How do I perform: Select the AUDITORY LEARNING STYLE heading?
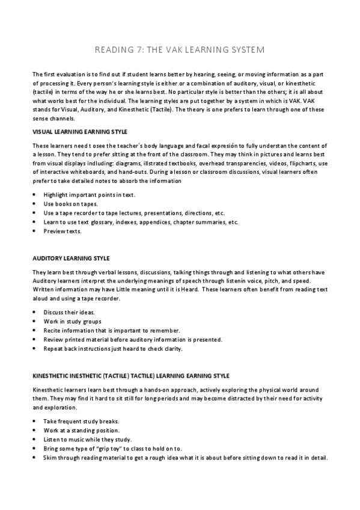[x=70, y=258]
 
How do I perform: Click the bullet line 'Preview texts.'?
[x=63, y=231]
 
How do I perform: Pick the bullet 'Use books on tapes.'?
[x=70, y=204]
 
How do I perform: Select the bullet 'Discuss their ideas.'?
[x=70, y=312]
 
